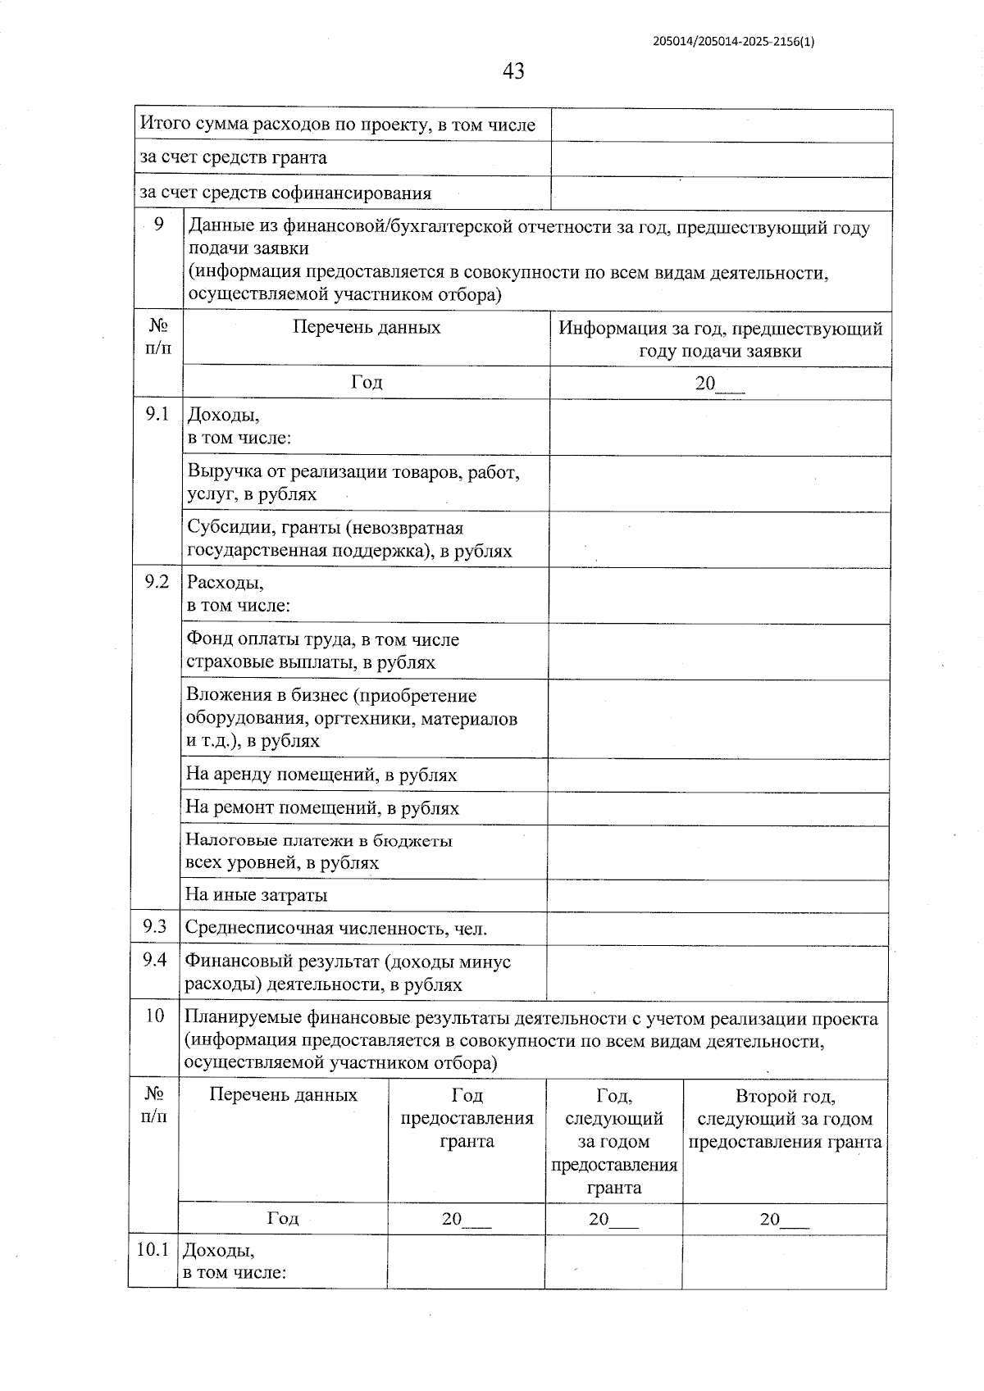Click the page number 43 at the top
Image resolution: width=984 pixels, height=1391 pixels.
pos(513,71)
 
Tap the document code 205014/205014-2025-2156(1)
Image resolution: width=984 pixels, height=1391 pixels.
pos(734,42)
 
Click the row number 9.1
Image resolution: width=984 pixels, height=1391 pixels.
pos(157,414)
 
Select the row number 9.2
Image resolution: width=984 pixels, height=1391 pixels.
pos(157,582)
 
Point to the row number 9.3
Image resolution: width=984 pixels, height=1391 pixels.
pos(154,927)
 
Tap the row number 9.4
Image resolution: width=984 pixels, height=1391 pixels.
pos(154,960)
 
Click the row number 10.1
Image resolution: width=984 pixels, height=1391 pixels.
pos(153,1250)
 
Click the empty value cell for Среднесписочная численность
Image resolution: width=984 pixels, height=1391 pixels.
pos(717,929)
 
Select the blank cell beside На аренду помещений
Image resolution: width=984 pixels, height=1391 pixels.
pos(718,775)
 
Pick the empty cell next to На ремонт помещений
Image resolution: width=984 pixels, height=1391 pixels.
pos(718,808)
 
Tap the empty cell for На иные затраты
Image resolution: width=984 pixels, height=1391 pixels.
pos(718,895)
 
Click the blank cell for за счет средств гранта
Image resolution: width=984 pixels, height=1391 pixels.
pos(722,158)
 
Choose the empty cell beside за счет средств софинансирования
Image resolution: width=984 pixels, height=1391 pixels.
pos(722,193)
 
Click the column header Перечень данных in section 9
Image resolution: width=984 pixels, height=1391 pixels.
pos(367,327)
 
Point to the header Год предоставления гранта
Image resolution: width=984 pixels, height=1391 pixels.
pos(467,1118)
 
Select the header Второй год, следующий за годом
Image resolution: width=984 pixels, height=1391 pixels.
pos(785,1118)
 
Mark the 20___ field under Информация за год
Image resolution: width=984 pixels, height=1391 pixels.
pos(719,383)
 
